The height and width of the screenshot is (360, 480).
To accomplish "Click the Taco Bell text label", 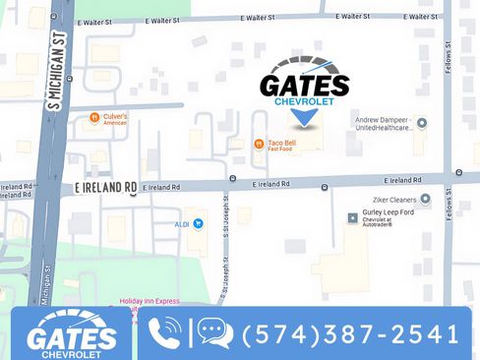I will coord(282,144).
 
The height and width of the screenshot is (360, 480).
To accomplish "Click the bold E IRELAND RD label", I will coord(105,187).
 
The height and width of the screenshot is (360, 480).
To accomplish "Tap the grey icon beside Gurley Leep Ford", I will coord(353,217).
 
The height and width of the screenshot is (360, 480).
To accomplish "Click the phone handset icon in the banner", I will coord(164,333).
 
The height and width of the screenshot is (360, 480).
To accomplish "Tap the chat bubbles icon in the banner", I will coord(215,333).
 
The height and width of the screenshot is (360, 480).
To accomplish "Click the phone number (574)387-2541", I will coord(351,334).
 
